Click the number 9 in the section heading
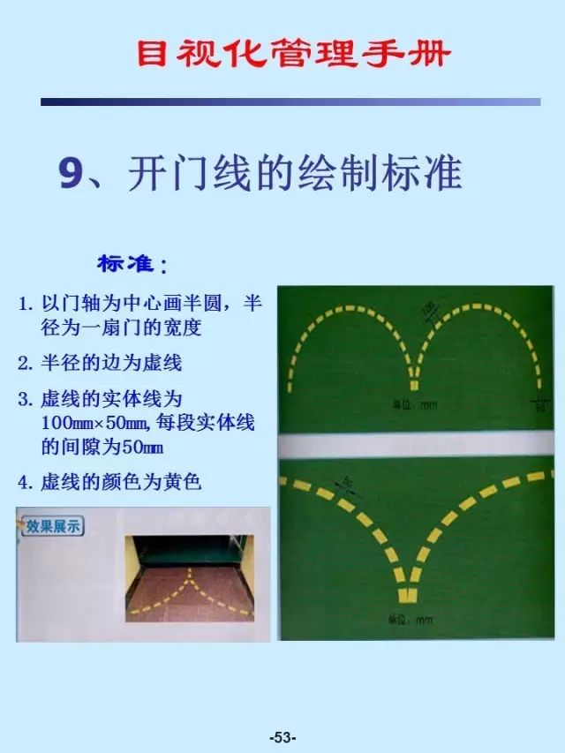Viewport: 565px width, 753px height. (x=71, y=174)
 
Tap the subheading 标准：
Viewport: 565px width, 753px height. (x=132, y=264)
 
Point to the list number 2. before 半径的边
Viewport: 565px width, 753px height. (x=26, y=363)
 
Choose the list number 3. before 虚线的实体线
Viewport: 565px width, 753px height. (x=26, y=399)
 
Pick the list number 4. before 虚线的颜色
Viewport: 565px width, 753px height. (x=26, y=482)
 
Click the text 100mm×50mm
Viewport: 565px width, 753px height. (x=95, y=423)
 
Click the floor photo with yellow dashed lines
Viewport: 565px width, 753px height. (x=188, y=578)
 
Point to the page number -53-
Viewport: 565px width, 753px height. (x=282, y=738)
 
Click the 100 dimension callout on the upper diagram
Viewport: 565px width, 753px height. (x=430, y=311)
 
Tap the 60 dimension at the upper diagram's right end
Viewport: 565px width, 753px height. (x=539, y=408)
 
